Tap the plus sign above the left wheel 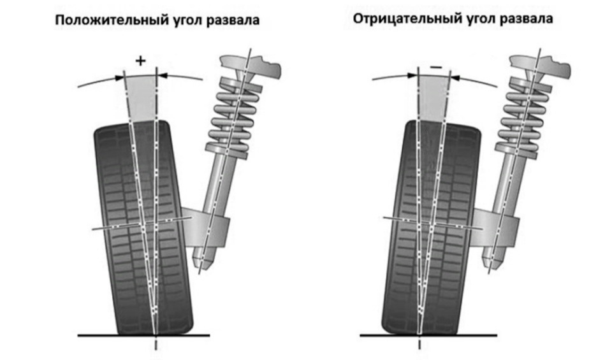click(141, 61)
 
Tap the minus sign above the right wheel click(436, 66)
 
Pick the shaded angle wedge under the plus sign click(142, 96)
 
